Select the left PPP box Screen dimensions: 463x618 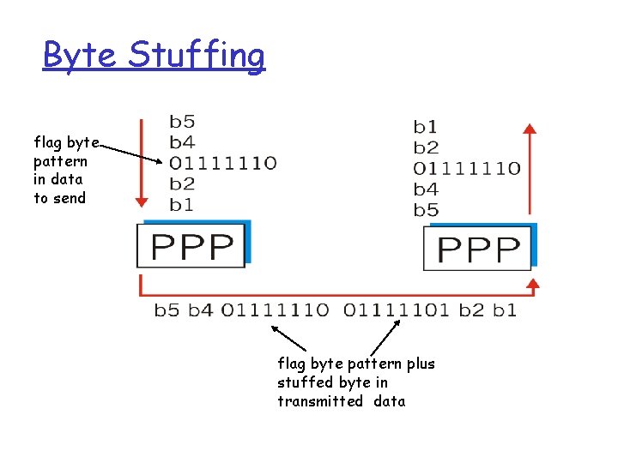point(192,247)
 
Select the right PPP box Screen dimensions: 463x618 point(478,250)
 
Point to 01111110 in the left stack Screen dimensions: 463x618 point(222,163)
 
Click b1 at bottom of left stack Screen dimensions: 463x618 point(181,204)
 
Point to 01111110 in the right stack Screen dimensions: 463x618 point(466,168)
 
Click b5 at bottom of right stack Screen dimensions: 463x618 point(425,210)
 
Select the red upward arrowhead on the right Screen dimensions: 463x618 point(530,129)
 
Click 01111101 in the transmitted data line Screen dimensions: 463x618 point(397,310)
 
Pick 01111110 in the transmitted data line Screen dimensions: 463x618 point(275,310)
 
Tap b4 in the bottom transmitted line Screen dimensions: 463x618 point(199,310)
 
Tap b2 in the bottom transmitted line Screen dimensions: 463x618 point(471,310)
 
